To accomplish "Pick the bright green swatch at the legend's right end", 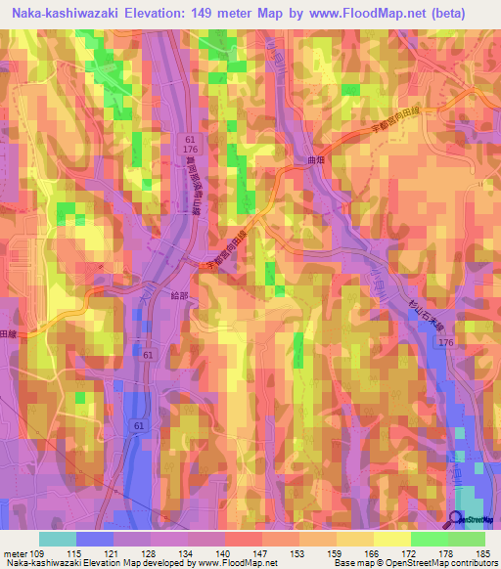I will (467, 539).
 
